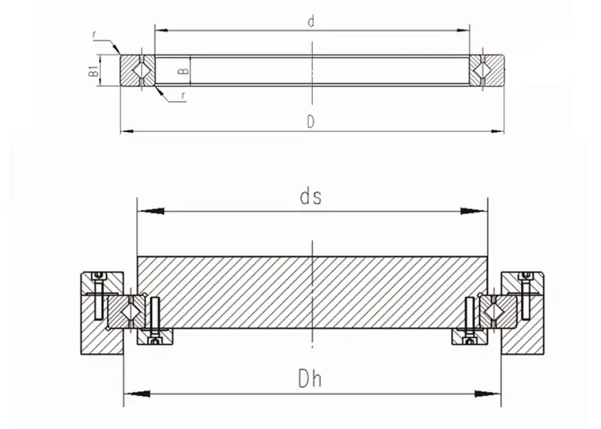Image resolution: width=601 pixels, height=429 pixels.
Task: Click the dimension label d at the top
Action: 311,22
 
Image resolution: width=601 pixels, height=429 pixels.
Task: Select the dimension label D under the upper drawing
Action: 311,122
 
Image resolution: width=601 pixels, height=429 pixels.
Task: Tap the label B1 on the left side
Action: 93,70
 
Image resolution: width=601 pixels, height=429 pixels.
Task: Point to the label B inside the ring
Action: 184,71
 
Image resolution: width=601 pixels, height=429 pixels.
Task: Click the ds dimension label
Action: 311,197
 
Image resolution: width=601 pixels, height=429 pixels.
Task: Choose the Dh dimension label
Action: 310,378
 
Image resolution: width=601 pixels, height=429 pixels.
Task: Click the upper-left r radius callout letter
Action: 95,35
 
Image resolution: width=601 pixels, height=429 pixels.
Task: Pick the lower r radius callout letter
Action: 183,96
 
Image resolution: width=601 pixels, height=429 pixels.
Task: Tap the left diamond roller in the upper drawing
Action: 142,70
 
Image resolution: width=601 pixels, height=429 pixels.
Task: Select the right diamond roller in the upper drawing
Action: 482,70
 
